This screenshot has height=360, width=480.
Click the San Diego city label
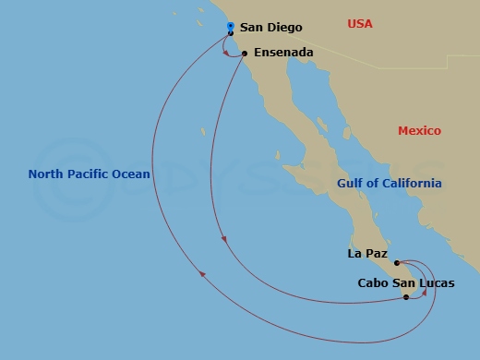pyautogui.click(x=270, y=29)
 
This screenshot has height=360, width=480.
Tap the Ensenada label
pyautogui.click(x=282, y=53)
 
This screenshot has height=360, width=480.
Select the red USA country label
pyautogui.click(x=360, y=23)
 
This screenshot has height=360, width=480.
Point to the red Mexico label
pyautogui.click(x=419, y=131)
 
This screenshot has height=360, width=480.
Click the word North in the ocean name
pyautogui.click(x=47, y=174)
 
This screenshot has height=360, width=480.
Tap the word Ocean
pyautogui.click(x=132, y=174)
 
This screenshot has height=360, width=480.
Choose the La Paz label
pyautogui.click(x=366, y=253)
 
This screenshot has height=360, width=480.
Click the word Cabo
pyautogui.click(x=374, y=283)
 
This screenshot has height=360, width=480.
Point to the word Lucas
pyautogui.click(x=435, y=283)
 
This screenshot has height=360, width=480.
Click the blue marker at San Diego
pyautogui.click(x=230, y=26)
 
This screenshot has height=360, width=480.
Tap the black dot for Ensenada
pyautogui.click(x=245, y=54)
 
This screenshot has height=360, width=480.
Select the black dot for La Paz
pyautogui.click(x=397, y=263)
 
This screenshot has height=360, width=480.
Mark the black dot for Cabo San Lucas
pyautogui.click(x=406, y=297)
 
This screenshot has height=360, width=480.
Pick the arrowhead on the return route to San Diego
pyautogui.click(x=201, y=271)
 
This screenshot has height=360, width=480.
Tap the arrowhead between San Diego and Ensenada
pyautogui.click(x=227, y=52)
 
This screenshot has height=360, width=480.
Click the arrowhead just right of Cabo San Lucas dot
pyautogui.click(x=424, y=294)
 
